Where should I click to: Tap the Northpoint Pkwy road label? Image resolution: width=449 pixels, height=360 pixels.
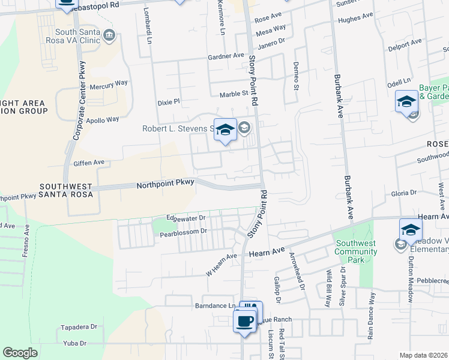[x=165, y=185]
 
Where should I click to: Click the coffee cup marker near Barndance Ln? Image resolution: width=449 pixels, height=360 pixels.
[x=244, y=322]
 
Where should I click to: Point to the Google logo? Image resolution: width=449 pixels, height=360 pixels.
[x=20, y=353]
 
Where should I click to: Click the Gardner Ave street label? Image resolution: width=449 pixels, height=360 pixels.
[x=226, y=56]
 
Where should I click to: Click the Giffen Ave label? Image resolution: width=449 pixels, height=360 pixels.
[x=89, y=162]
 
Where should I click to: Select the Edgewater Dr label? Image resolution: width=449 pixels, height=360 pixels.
[x=186, y=217]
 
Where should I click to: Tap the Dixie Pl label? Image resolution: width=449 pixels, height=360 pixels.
[x=169, y=102]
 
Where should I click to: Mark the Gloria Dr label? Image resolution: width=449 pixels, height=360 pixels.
[x=403, y=193]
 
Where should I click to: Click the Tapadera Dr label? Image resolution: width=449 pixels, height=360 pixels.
[x=79, y=327]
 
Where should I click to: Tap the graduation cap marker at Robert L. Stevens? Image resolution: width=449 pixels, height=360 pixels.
[x=225, y=130]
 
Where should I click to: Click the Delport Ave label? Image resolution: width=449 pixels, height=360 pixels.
[x=405, y=44]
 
